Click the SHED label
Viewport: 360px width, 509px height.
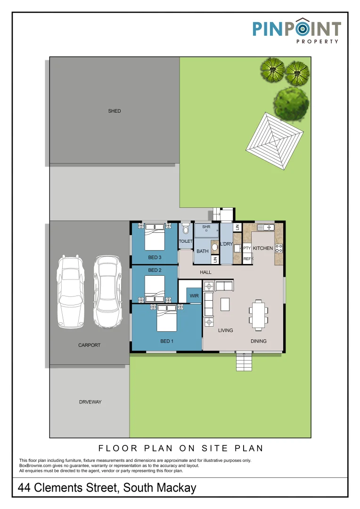pos(115,111)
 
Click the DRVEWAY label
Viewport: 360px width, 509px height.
pos(90,402)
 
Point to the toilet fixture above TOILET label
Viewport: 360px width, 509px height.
pos(185,229)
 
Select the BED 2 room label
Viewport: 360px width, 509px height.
pos(155,270)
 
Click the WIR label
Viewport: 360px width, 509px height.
pos(194,296)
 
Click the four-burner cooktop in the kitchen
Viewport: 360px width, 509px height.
pos(279,247)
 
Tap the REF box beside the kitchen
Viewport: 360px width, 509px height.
pos(247,259)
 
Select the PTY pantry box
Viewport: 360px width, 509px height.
pos(247,248)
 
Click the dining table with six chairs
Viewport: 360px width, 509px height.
pos(259,314)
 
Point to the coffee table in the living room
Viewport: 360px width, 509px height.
pos(225,304)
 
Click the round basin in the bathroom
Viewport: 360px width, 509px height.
pos(215,246)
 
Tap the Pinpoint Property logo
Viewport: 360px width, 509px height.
pos(296,31)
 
